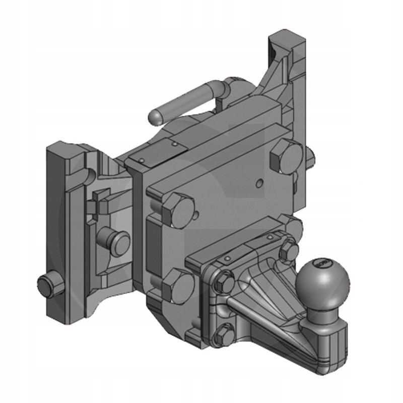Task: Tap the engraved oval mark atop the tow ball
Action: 320,263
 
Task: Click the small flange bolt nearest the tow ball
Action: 289,250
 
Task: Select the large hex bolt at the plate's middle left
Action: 178,208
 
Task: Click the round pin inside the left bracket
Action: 117,240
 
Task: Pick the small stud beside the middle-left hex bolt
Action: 195,216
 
